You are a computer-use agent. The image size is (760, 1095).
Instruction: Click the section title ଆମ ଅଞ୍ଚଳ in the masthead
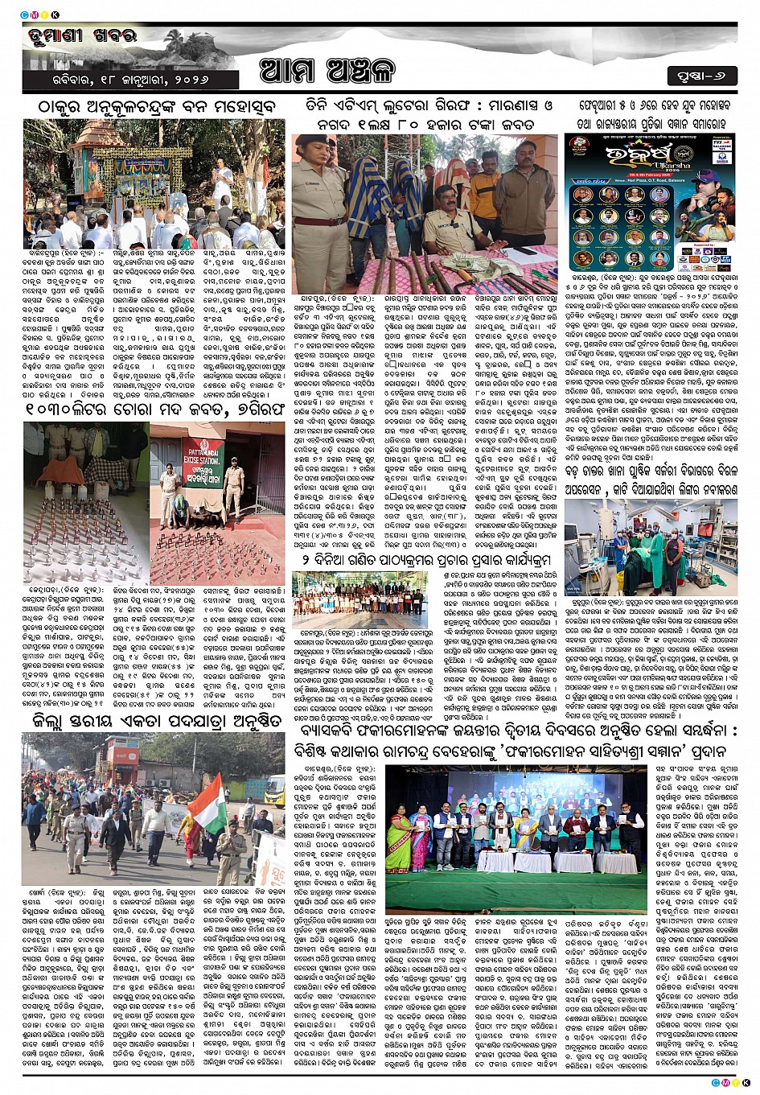327,72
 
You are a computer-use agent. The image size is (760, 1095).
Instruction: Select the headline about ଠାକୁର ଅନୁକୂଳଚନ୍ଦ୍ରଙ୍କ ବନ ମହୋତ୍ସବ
152,107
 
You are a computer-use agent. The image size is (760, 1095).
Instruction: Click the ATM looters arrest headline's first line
424,106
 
